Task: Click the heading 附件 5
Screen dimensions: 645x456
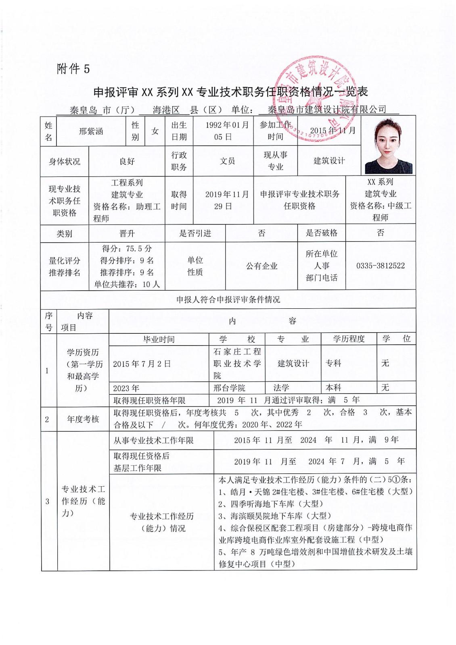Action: pos(73,69)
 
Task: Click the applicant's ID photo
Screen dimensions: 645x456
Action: pos(388,146)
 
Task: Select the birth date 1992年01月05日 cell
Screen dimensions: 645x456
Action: pos(223,131)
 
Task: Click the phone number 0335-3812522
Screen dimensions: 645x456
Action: pos(380,266)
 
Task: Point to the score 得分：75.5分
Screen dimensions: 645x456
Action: pos(127,248)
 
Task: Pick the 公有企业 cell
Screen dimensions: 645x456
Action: pos(261,266)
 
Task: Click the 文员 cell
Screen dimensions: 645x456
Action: pos(227,161)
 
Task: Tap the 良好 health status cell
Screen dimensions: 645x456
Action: pos(127,161)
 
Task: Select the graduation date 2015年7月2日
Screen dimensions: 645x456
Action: pos(142,364)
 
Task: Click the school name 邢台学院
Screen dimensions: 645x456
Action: pos(229,388)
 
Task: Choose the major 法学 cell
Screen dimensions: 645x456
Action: pos(281,388)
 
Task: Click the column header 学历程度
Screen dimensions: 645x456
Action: pos(349,339)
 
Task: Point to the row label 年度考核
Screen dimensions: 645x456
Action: pos(83,419)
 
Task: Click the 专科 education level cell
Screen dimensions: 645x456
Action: pos(333,363)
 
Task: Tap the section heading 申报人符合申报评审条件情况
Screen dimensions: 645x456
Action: pos(228,300)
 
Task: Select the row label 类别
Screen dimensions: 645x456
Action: pos(64,233)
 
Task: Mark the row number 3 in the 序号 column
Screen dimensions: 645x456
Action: pos(47,501)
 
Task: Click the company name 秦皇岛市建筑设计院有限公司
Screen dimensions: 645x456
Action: pos(327,110)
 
